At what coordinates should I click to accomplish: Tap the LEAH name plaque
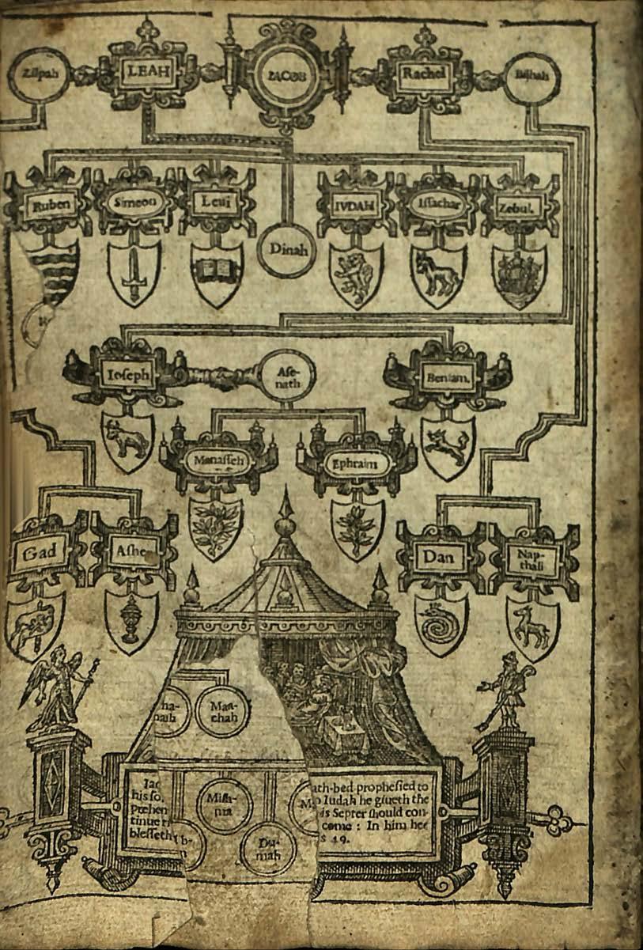(147, 74)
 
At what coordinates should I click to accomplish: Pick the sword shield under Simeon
(133, 271)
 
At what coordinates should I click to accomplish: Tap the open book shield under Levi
(216, 274)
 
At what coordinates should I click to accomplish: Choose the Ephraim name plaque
(356, 463)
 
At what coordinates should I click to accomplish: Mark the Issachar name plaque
(437, 203)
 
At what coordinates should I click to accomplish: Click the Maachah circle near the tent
(222, 702)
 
